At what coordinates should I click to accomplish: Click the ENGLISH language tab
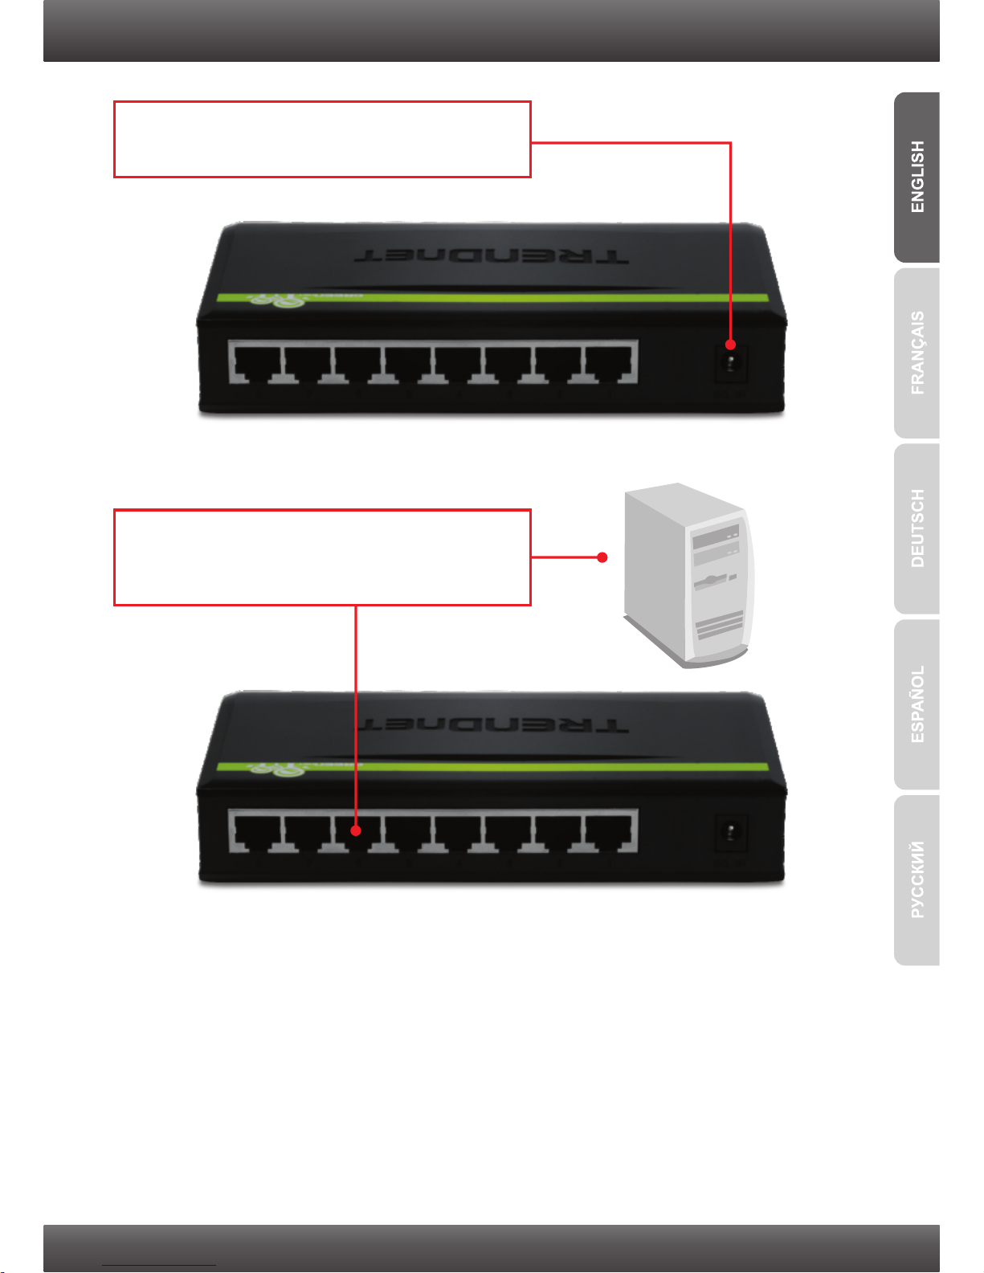(917, 177)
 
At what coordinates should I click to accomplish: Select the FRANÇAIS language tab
(917, 353)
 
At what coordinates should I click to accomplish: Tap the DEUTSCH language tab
(917, 528)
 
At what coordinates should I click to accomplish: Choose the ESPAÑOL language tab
(917, 704)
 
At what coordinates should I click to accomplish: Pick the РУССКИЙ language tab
(917, 879)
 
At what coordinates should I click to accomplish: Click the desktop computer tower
(689, 573)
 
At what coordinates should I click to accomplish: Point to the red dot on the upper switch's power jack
(730, 345)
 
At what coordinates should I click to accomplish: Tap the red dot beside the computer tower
(602, 557)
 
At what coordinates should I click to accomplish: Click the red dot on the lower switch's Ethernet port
(355, 831)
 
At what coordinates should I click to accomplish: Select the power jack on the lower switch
(731, 833)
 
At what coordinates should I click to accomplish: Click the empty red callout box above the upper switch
(322, 139)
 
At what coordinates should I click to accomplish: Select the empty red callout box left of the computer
(322, 557)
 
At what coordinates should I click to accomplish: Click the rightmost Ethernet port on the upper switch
(611, 362)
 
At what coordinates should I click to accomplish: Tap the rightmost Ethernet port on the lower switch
(611, 832)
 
